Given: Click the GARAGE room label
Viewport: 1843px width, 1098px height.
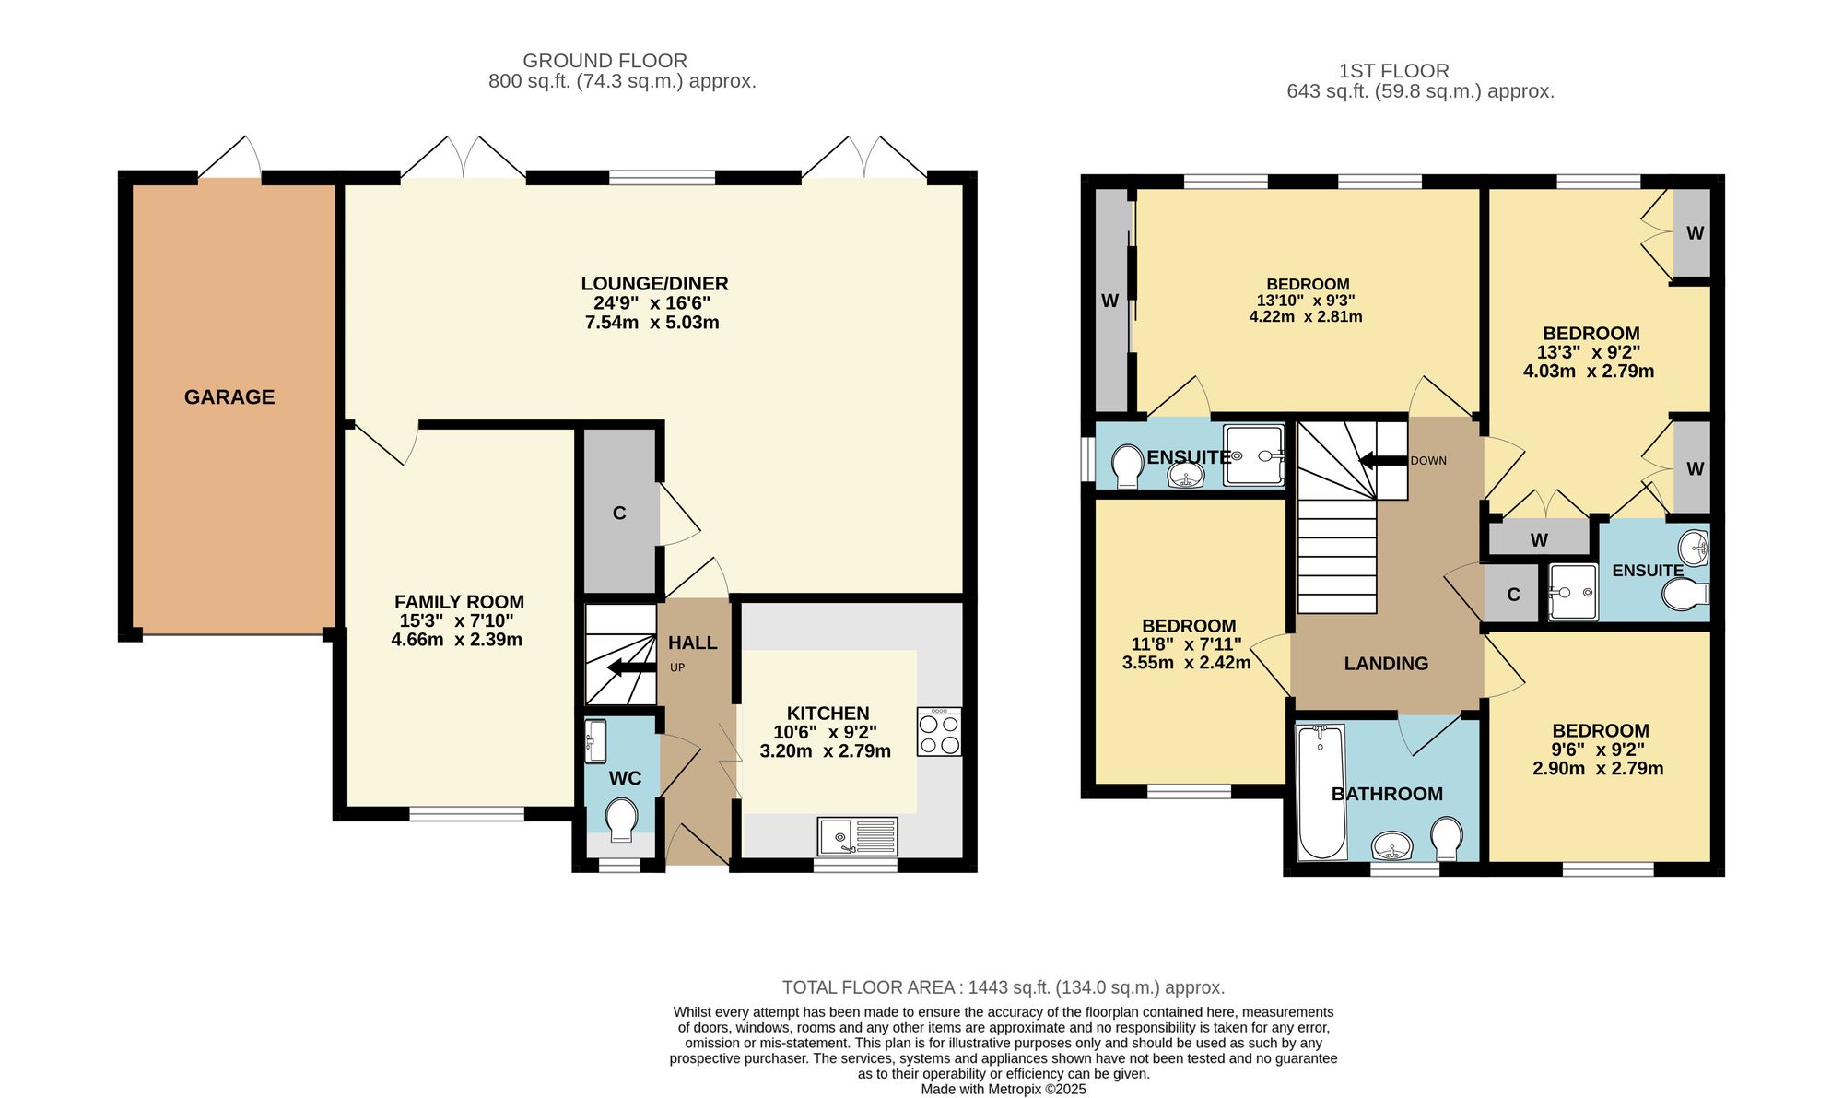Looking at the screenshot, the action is click(x=229, y=397).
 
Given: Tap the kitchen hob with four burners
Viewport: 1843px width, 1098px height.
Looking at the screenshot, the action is click(x=939, y=732).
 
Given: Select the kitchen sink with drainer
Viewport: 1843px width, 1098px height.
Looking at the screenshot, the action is click(x=857, y=837).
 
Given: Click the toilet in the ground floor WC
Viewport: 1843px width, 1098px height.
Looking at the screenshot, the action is click(x=621, y=819).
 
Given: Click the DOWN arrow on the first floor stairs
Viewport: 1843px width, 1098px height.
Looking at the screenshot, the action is click(x=1383, y=460).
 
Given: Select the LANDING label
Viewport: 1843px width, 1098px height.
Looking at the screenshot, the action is click(x=1386, y=664).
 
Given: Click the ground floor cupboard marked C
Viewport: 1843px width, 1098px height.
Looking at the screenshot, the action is click(x=619, y=513).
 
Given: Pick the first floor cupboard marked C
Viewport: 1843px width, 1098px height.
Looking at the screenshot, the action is click(x=1513, y=595).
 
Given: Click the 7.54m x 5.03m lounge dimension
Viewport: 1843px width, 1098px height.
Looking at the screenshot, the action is click(x=652, y=323).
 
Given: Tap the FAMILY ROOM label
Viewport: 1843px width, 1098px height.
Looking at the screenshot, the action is click(x=459, y=602).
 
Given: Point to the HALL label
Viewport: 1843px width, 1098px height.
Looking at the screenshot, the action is click(x=692, y=643).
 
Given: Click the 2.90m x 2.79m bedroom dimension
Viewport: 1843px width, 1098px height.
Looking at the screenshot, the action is click(x=1598, y=769).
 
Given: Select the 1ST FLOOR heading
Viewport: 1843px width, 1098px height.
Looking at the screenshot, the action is click(x=1393, y=71).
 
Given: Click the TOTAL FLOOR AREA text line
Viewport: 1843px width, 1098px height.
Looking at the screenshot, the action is click(x=1004, y=987).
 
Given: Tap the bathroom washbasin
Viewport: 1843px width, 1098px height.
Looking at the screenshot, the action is click(x=1391, y=844).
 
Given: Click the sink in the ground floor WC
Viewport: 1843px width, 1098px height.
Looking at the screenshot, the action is click(x=595, y=741).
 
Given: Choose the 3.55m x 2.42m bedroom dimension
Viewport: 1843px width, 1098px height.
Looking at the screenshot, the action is click(x=1186, y=663).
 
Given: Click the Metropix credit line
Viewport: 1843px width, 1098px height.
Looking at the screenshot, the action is click(x=1004, y=1090).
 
